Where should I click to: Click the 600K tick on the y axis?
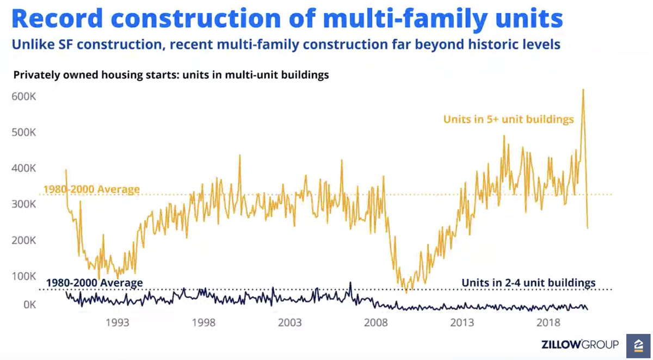coord(23,96)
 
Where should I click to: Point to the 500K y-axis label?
coord(23,132)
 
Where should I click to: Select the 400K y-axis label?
coord(23,168)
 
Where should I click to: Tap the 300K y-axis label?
coord(23,204)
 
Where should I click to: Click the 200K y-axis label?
coord(23,240)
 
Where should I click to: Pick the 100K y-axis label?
coord(23,276)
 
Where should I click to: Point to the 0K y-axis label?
coord(27,305)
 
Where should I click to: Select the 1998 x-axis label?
coord(204,323)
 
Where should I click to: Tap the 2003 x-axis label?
coord(289,323)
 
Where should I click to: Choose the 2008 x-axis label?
coord(376,323)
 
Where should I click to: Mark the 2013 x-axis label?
coord(462,323)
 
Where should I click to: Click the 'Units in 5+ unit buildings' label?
coord(508,119)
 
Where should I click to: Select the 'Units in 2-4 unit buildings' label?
coord(528,283)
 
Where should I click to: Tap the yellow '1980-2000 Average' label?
coord(91,190)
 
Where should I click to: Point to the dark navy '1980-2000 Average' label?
coord(94,283)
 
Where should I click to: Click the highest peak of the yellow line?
coord(583,90)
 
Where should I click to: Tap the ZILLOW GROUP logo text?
coord(580,344)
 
